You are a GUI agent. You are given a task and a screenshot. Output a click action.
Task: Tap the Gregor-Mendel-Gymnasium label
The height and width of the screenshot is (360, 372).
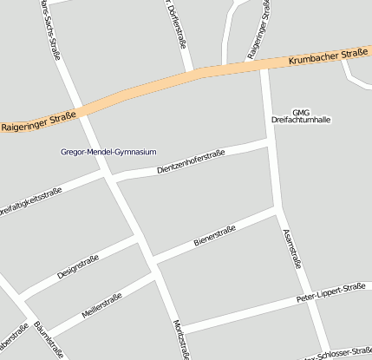point(108,152)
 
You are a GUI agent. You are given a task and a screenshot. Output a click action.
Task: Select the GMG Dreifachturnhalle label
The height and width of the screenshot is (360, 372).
point(301,115)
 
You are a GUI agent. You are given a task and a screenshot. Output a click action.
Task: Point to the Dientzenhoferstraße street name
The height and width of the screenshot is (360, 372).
point(191,162)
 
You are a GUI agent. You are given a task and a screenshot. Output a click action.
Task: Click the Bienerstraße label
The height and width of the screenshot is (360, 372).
point(216,232)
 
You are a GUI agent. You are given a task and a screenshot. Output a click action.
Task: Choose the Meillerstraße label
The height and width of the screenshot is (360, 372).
point(101,304)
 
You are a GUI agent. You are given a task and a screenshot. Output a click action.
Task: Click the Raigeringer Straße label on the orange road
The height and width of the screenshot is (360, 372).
point(39,120)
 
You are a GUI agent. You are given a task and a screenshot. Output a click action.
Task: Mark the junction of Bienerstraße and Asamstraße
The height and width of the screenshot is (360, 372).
point(277,208)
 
